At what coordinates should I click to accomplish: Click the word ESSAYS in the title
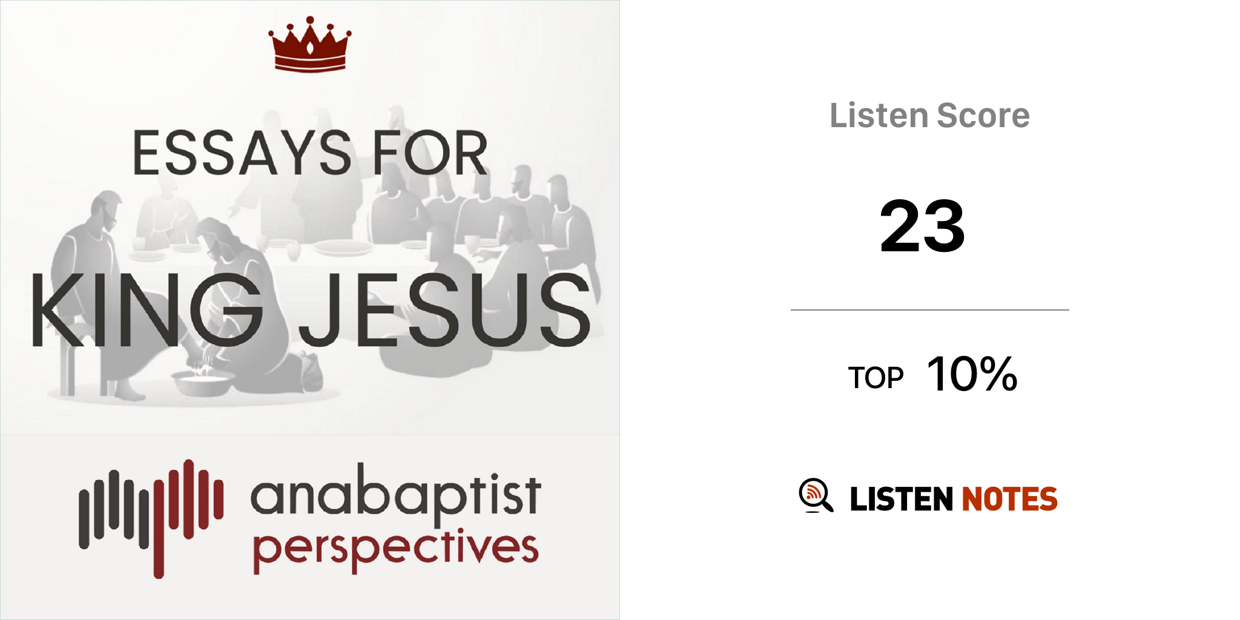[242, 153]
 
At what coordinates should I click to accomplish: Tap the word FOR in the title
[430, 153]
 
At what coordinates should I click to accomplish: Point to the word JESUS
[445, 310]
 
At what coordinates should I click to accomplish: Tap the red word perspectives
[395, 549]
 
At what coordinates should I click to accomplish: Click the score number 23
[922, 226]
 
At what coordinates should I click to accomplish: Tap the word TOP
[876, 378]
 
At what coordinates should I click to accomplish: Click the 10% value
[972, 374]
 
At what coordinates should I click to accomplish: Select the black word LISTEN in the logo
[902, 499]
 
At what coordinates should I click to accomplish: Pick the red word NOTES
[1009, 499]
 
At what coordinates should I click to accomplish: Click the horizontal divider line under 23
[930, 310]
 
